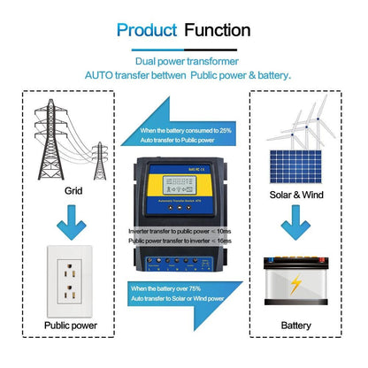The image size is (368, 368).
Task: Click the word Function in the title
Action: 218,30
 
